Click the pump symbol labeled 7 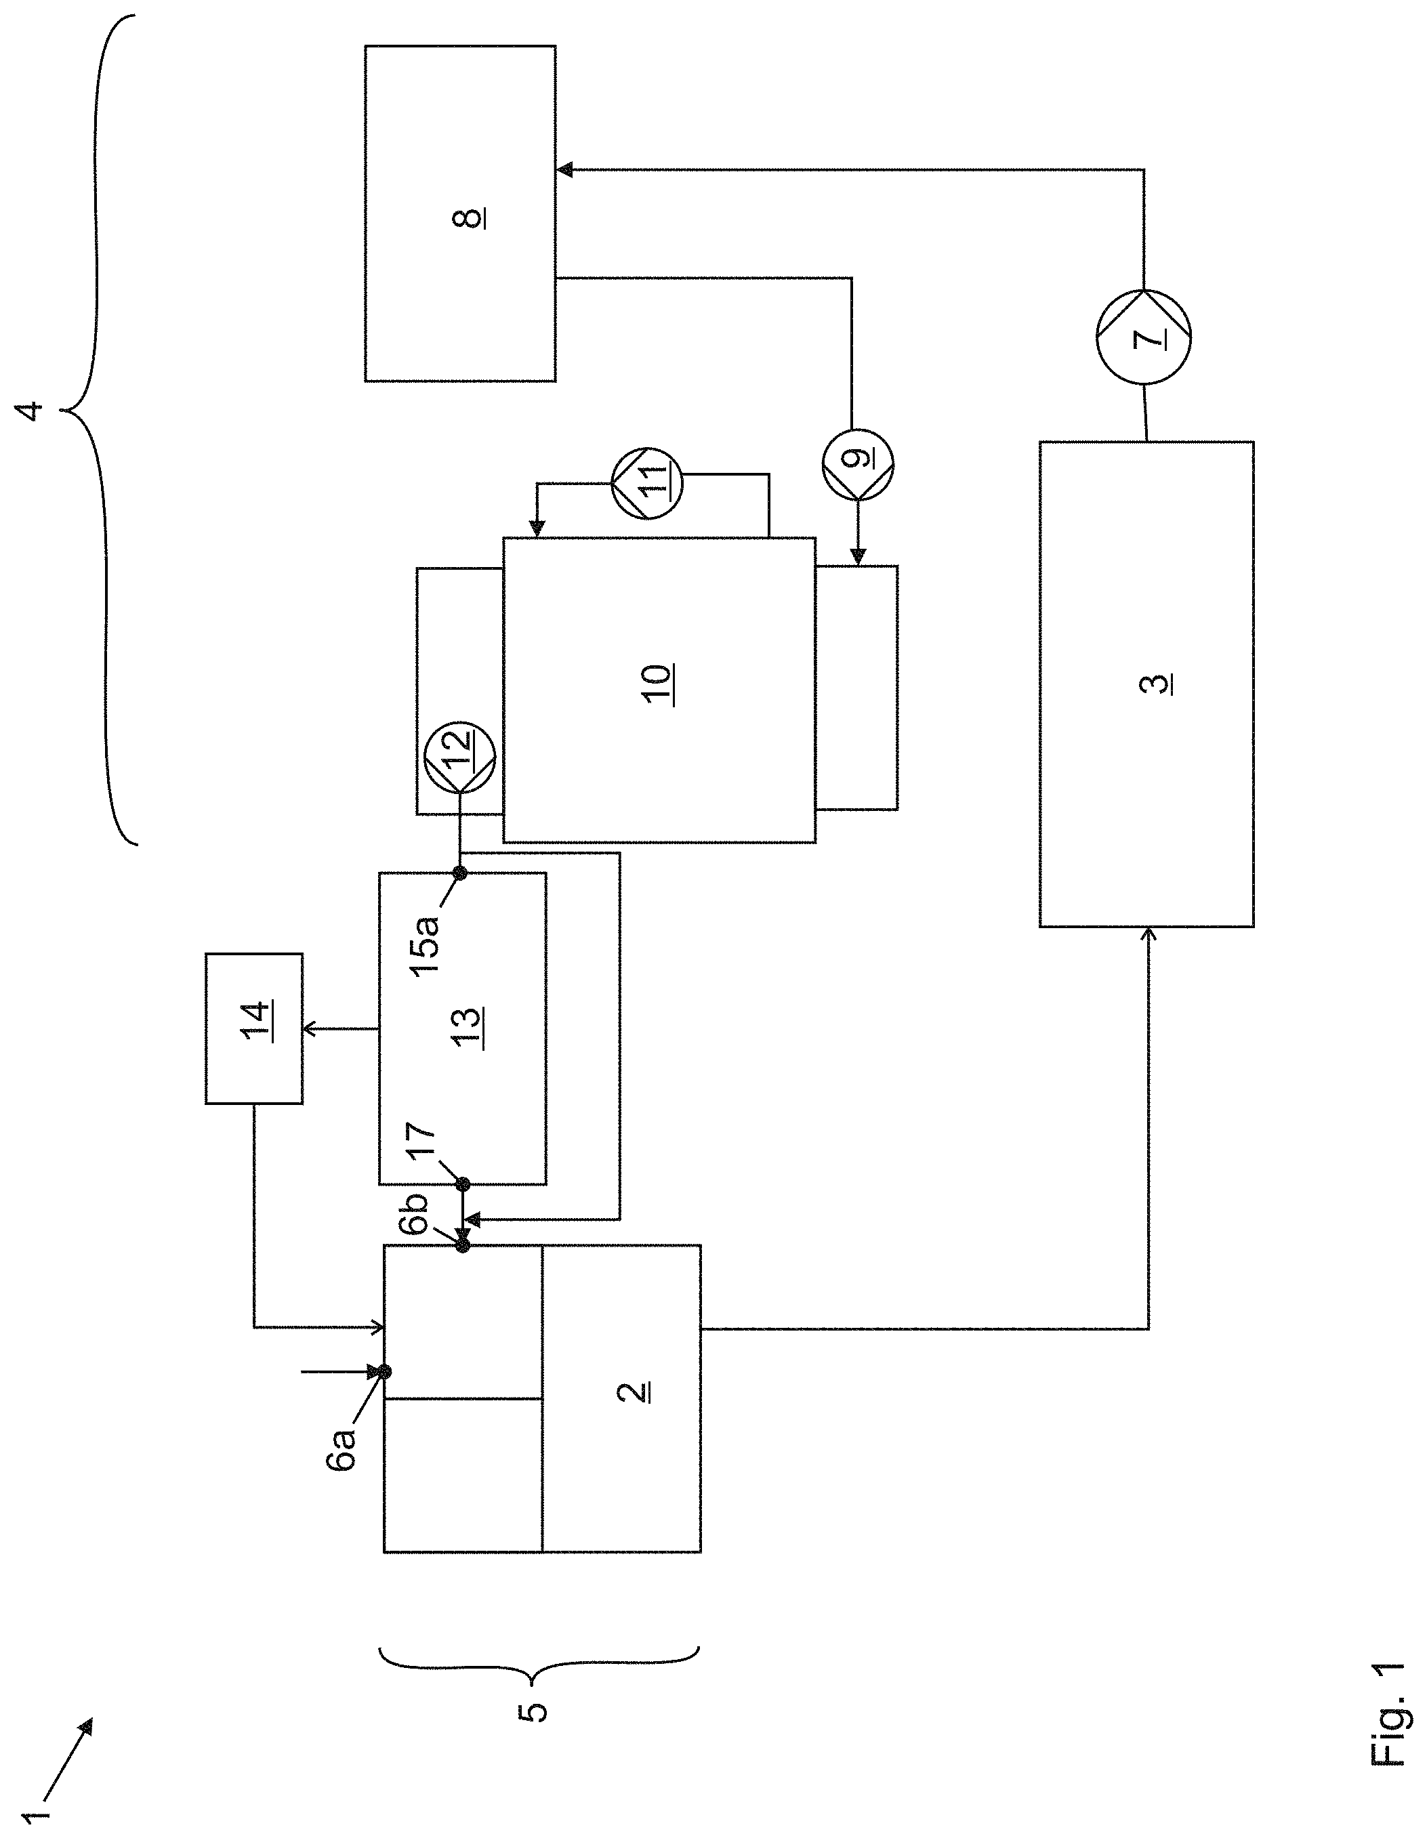(x=1143, y=337)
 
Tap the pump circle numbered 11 (x=647, y=482)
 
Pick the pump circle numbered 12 (x=459, y=757)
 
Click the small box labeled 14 (x=254, y=1028)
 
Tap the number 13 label (x=468, y=1028)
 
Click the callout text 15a (x=427, y=944)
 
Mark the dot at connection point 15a (x=459, y=873)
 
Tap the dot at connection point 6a (x=385, y=1372)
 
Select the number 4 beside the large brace (x=33, y=411)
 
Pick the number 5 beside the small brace (x=531, y=1712)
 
